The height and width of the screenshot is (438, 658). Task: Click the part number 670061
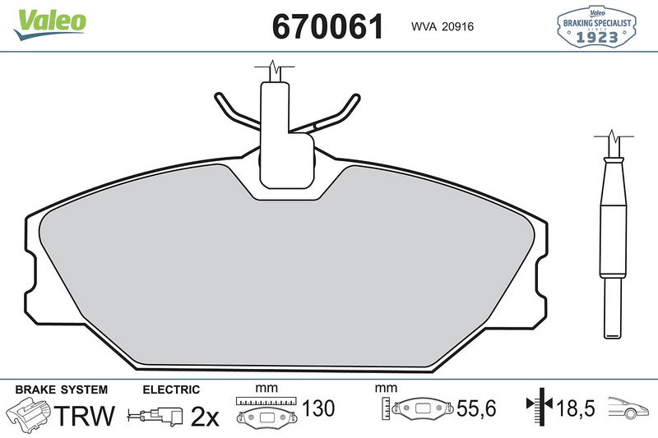pos(328,26)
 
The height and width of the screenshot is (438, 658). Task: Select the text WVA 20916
pos(436,27)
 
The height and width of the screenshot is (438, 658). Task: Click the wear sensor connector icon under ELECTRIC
pos(157,417)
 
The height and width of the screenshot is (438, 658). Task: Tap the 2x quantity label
pos(205,417)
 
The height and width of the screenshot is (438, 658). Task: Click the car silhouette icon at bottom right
pos(629,408)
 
